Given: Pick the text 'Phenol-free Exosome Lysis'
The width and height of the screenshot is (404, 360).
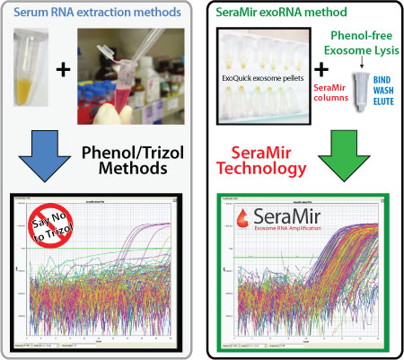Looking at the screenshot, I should [x=356, y=41].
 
